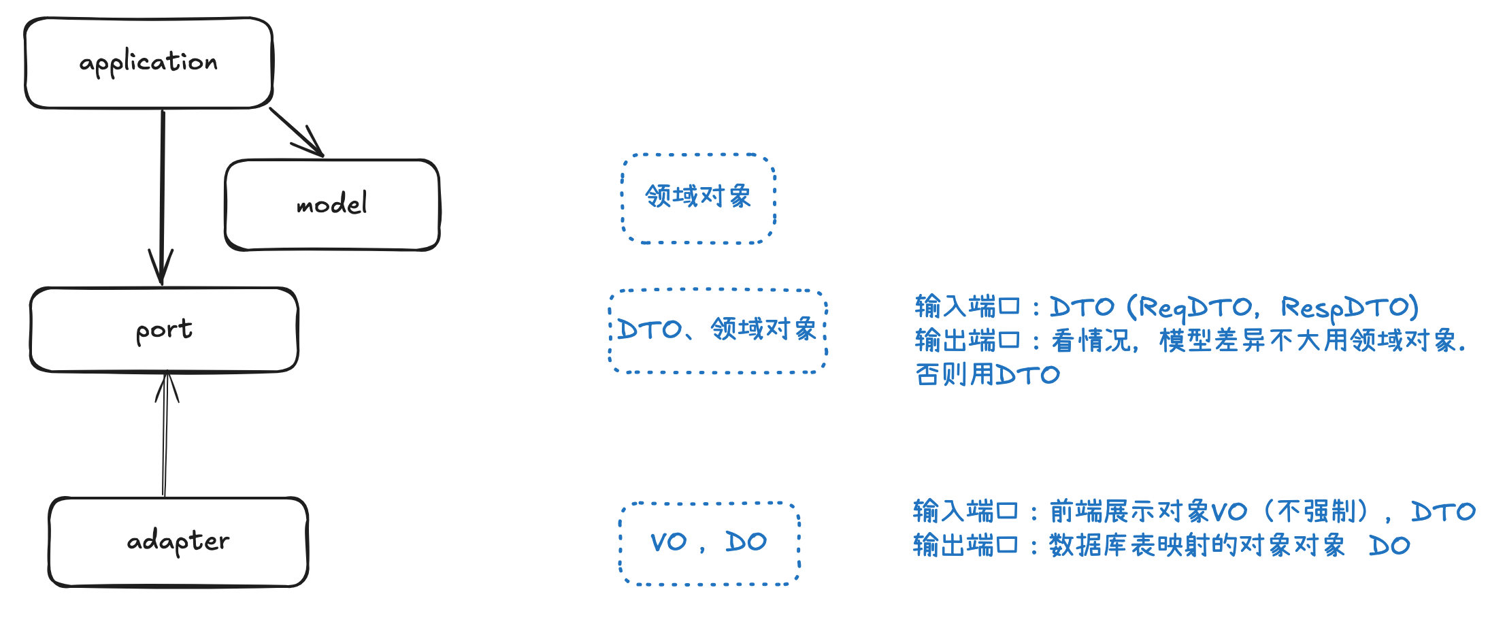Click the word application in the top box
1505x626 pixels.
[x=148, y=63]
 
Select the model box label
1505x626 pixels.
[x=332, y=203]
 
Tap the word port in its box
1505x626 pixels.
[x=164, y=330]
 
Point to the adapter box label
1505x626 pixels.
[x=178, y=542]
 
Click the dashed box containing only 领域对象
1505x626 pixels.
[x=698, y=197]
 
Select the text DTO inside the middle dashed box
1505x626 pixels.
[x=649, y=330]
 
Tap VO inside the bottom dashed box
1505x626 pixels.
[x=668, y=542]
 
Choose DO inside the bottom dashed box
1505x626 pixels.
[x=746, y=542]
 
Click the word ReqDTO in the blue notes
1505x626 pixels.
[x=1195, y=308]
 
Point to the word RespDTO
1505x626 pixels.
[x=1349, y=308]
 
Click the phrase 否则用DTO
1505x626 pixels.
[x=987, y=375]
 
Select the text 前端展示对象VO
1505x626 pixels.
[x=1148, y=511]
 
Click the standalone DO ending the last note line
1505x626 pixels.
[x=1389, y=546]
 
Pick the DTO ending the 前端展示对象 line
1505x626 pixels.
[x=1443, y=511]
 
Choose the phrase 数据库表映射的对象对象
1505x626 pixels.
[x=1197, y=546]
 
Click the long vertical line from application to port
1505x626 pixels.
[x=163, y=191]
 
